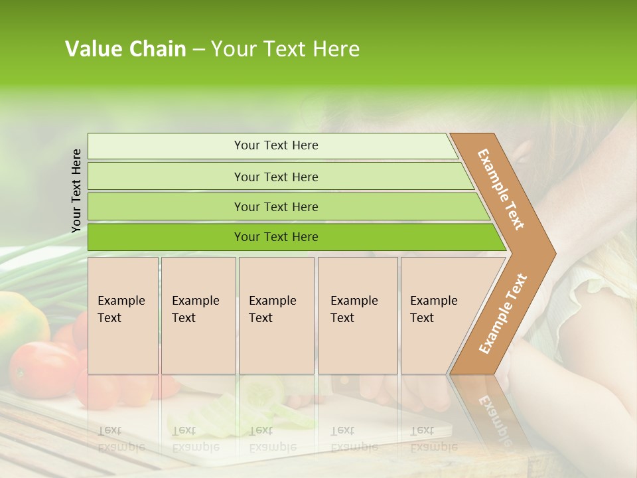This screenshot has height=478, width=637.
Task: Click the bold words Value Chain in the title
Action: click(125, 49)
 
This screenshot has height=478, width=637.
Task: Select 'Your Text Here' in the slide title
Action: click(285, 49)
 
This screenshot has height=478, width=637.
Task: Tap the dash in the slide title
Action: click(198, 50)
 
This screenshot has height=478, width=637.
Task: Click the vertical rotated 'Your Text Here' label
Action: click(77, 191)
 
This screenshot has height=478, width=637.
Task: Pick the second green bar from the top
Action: click(276, 177)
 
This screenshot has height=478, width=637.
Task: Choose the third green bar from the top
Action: click(276, 206)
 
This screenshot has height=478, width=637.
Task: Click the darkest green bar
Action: click(276, 237)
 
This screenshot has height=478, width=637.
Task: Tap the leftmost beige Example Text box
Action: click(123, 315)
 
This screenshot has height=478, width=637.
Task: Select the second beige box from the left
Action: click(198, 315)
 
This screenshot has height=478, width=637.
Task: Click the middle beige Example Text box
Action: click(276, 315)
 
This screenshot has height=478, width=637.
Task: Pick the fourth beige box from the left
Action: click(357, 315)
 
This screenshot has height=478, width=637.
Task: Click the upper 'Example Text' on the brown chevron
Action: click(501, 189)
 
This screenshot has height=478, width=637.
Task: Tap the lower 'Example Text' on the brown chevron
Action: click(503, 313)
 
